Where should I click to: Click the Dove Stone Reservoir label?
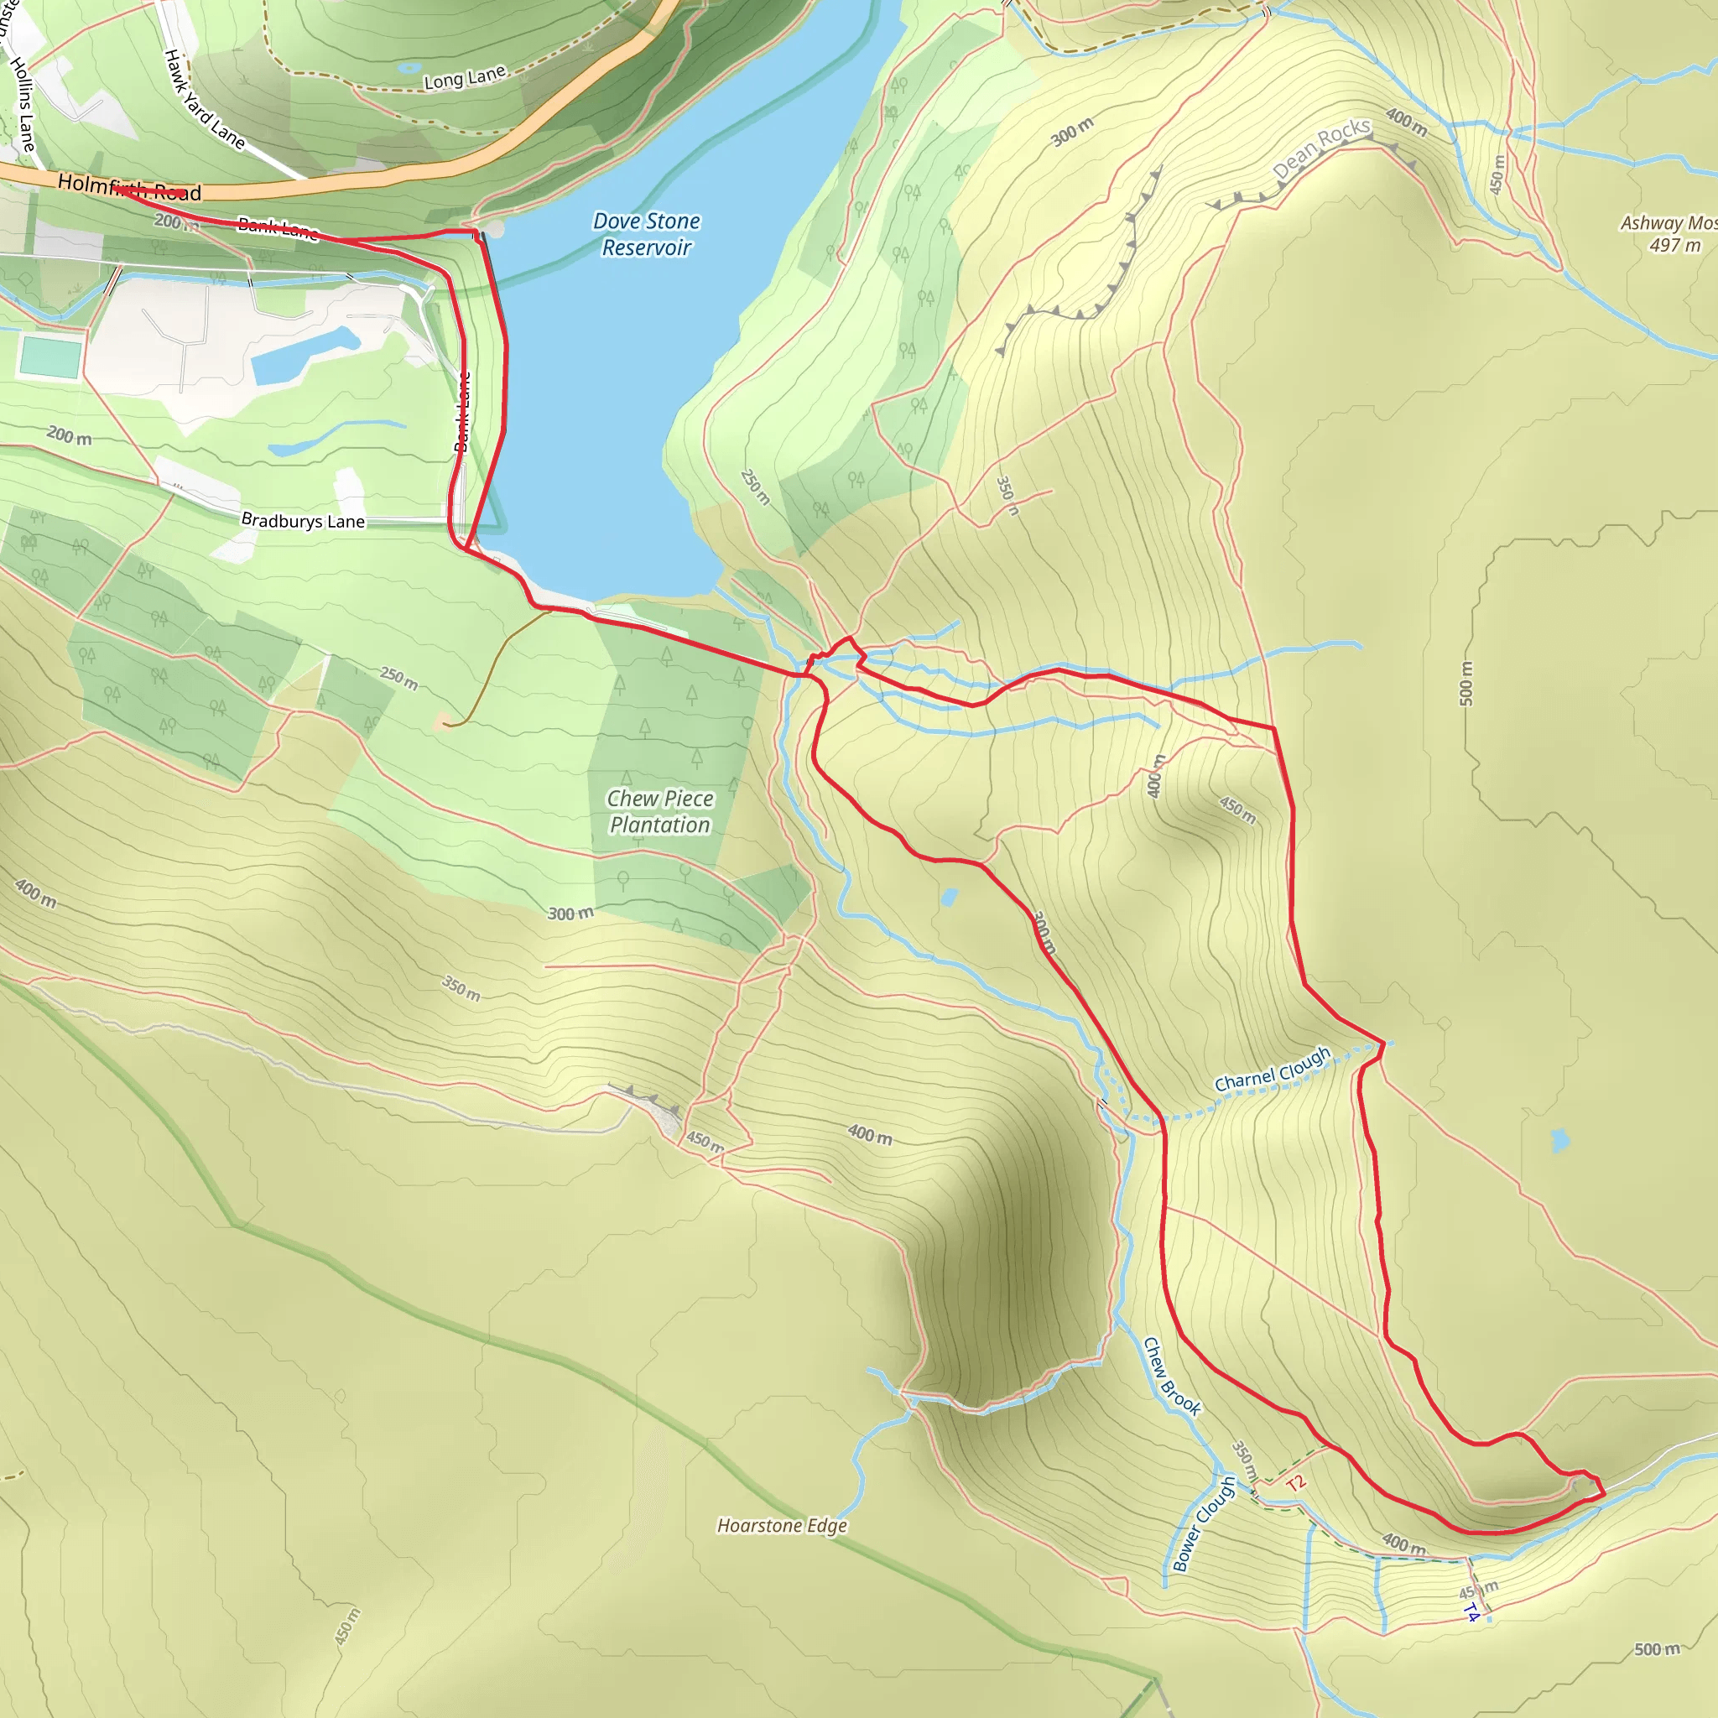tap(647, 234)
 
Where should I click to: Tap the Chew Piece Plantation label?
tap(660, 812)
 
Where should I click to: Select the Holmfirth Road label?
tap(129, 188)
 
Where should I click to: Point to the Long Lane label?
tap(464, 78)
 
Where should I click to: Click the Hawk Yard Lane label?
tap(204, 99)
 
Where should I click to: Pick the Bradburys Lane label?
tap(302, 520)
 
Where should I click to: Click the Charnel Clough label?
tap(1273, 1070)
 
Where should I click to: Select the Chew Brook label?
tap(1171, 1377)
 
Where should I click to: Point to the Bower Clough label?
tap(1204, 1524)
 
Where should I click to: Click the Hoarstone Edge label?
tap(782, 1526)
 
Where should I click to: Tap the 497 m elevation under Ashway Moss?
tap(1675, 246)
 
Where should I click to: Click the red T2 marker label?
tap(1295, 1482)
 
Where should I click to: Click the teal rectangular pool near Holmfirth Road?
tap(49, 357)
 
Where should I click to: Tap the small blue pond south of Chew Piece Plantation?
tap(949, 898)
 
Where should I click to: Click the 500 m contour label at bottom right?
tap(1657, 1649)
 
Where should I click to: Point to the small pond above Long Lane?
tap(409, 67)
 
